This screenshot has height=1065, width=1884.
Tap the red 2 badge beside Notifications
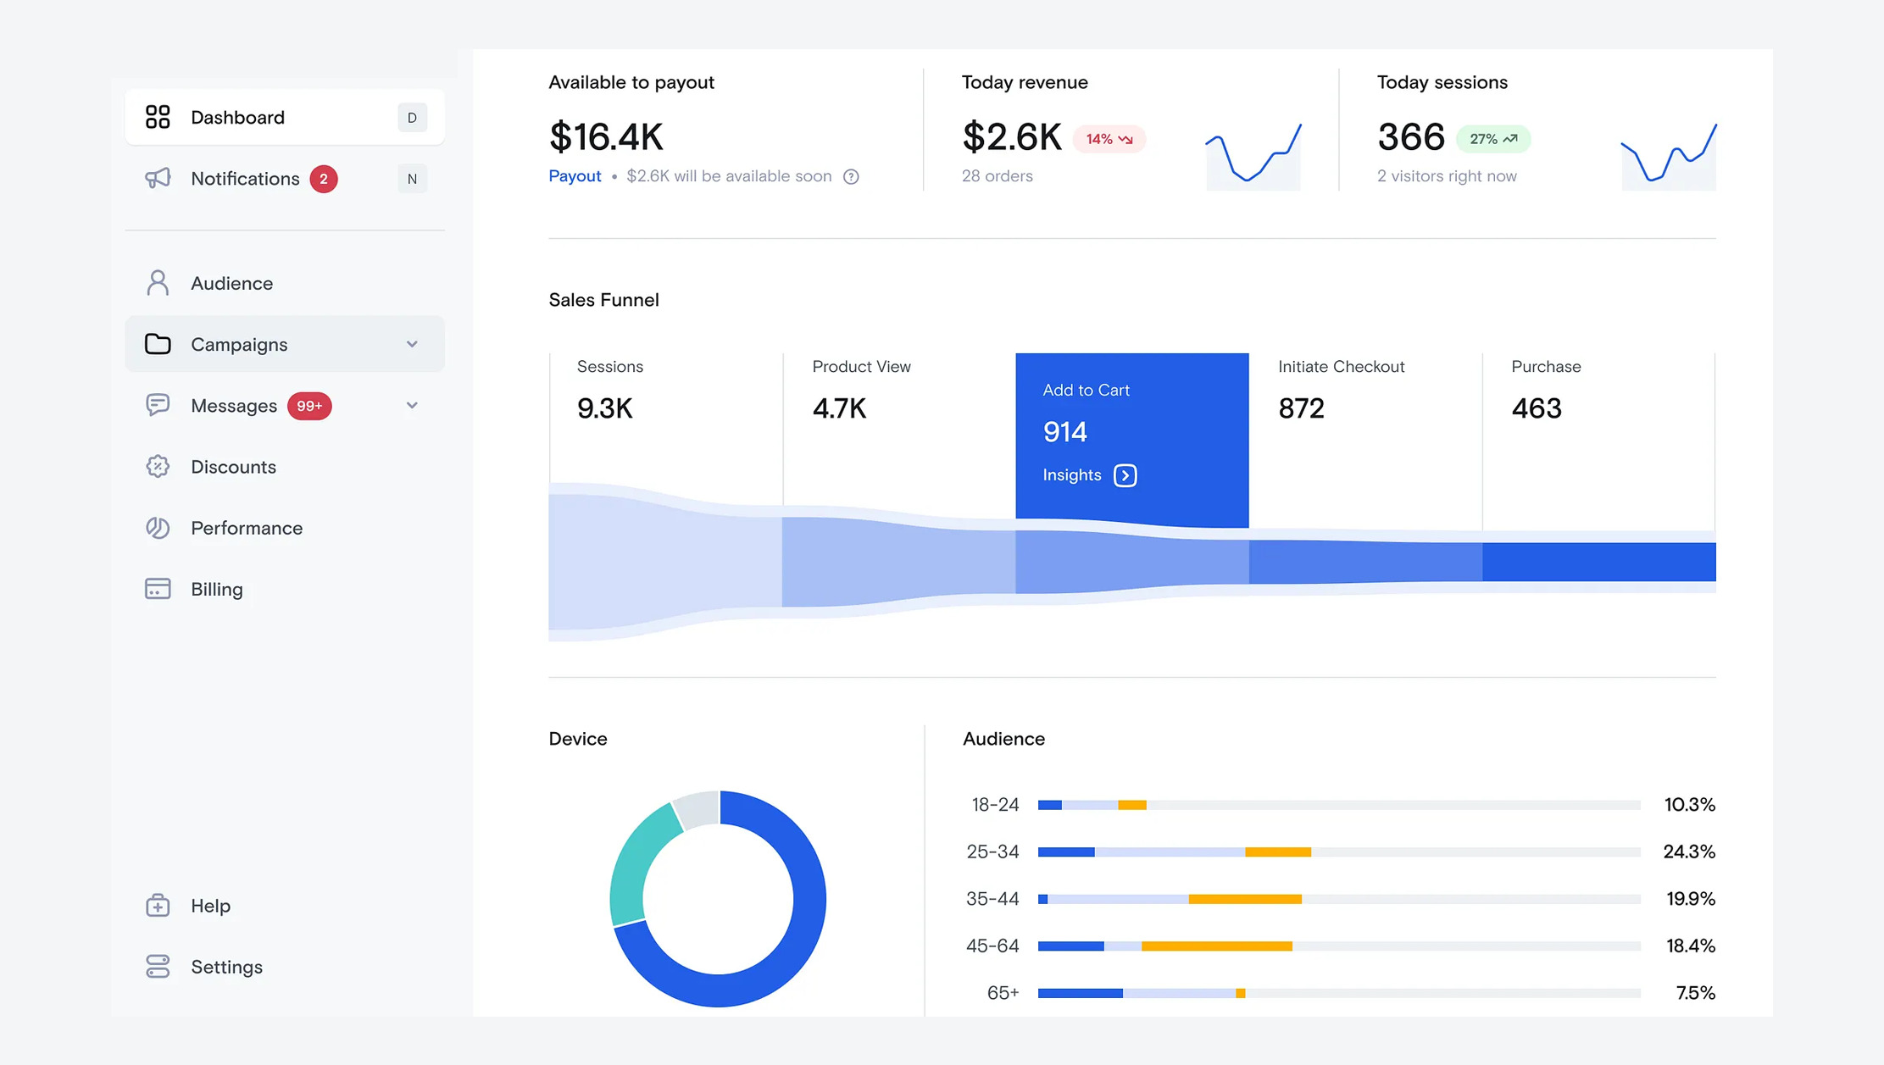click(x=323, y=179)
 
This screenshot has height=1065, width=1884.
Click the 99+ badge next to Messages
click(x=309, y=406)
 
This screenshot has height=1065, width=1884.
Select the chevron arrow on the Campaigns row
click(x=412, y=344)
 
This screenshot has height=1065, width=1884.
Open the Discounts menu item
click(x=233, y=467)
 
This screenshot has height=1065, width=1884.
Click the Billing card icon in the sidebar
click(x=158, y=589)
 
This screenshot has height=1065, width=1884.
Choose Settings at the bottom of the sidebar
click(x=226, y=967)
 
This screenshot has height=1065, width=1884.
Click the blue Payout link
click(x=575, y=176)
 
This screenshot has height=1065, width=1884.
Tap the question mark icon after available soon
click(x=851, y=176)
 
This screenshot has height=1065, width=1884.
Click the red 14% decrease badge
click(x=1109, y=139)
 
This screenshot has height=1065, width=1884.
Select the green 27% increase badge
click(x=1492, y=139)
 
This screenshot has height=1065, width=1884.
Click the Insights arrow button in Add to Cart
click(x=1125, y=475)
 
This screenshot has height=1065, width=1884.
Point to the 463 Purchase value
click(x=1536, y=408)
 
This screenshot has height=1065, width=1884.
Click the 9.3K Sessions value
click(x=604, y=408)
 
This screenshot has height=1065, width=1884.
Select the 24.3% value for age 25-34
click(x=1688, y=851)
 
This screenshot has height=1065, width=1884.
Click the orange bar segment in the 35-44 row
click(x=1244, y=899)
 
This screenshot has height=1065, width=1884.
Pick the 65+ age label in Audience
click(x=1003, y=993)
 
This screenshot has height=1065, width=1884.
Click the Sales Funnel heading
click(x=603, y=300)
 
